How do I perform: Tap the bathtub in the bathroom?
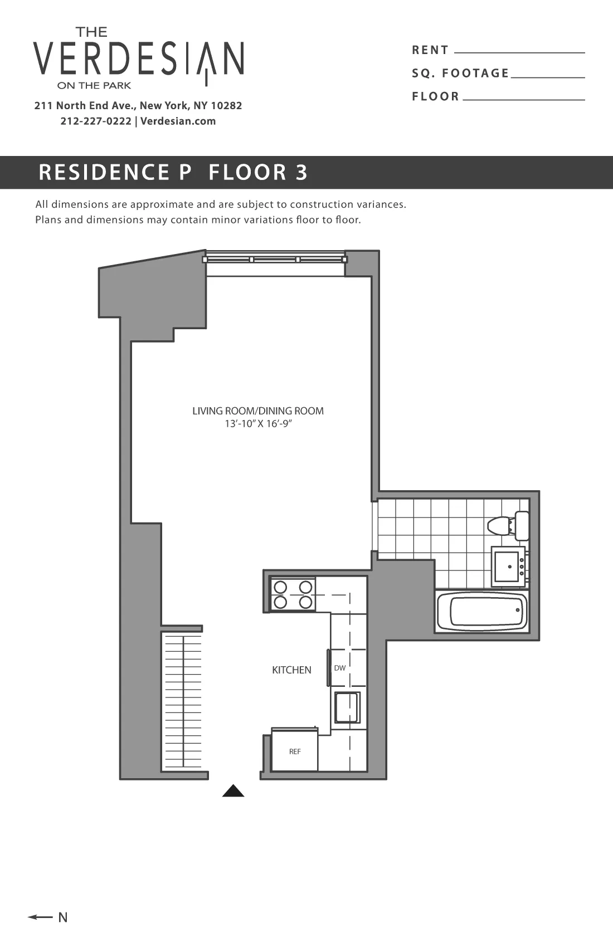coord(483,612)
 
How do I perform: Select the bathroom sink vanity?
coord(507,567)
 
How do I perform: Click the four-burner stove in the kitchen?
coord(293,594)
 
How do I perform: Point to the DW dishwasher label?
coord(340,668)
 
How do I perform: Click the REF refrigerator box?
coord(295,751)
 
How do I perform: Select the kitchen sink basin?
coord(347,707)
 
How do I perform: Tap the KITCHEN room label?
coord(291,670)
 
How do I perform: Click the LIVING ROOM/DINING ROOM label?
coord(258,411)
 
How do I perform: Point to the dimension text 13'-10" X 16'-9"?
coord(258,424)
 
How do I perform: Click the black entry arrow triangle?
coord(233,791)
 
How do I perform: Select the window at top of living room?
coord(275,260)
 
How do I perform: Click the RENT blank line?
coord(519,52)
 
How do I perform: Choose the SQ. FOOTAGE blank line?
coord(547,76)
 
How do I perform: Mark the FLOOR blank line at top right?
coord(524,99)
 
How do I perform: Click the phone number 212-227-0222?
coord(96,121)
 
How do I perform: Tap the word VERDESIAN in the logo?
coord(138,58)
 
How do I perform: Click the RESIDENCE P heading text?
coord(115,172)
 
